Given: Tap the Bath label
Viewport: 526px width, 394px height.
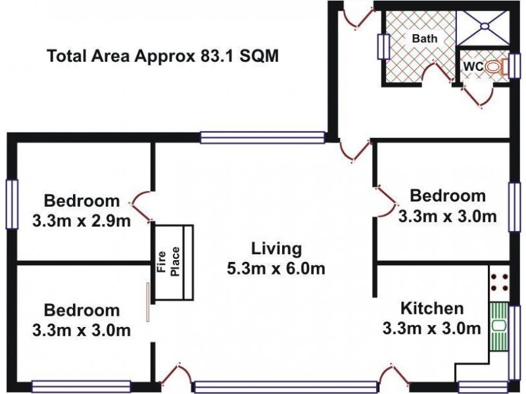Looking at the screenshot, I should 424,39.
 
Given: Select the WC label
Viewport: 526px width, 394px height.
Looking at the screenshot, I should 474,66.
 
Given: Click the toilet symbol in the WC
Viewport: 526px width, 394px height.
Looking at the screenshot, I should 506,67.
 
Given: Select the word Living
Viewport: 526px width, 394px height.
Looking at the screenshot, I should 276,249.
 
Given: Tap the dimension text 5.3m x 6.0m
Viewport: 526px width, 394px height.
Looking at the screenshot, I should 276,268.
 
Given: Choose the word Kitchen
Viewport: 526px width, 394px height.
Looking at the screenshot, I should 433,308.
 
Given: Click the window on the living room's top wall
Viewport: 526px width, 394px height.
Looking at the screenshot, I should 262,137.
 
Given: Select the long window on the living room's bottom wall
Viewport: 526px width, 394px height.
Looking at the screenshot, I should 286,387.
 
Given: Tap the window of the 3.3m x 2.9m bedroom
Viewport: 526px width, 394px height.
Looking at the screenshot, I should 11,204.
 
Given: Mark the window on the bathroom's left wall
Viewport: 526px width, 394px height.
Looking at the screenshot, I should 382,47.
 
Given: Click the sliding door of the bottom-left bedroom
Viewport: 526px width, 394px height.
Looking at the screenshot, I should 149,302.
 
